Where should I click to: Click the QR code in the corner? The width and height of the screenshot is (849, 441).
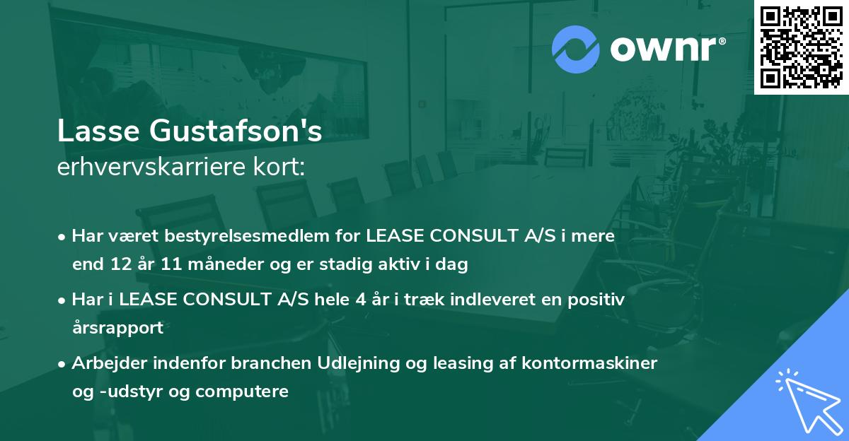800,47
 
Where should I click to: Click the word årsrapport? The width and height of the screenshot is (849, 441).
117,328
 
